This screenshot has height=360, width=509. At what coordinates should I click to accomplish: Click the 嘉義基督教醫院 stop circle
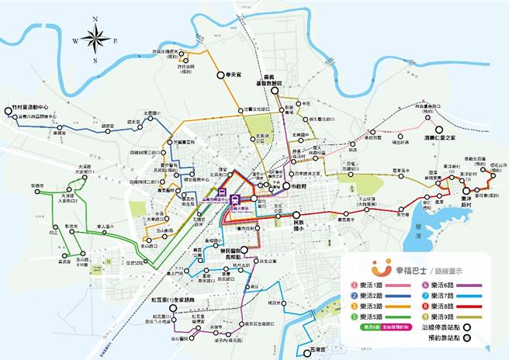tap(275, 92)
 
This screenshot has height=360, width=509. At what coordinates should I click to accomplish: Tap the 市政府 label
tap(297, 187)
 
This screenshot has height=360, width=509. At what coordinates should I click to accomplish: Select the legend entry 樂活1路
tap(376, 286)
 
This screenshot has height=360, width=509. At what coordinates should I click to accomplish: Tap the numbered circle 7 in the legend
tap(425, 296)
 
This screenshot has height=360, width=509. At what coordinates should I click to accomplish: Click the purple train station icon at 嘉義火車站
tap(223, 196)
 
